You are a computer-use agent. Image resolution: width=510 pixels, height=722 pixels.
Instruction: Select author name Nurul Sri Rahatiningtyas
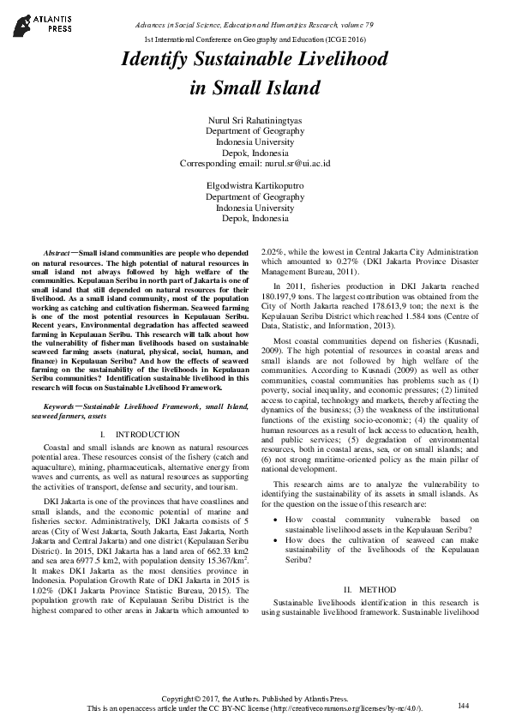[x=255, y=118]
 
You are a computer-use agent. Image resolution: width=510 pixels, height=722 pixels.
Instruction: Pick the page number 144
[x=464, y=705]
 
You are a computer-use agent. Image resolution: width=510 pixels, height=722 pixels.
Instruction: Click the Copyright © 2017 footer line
[x=255, y=700]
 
